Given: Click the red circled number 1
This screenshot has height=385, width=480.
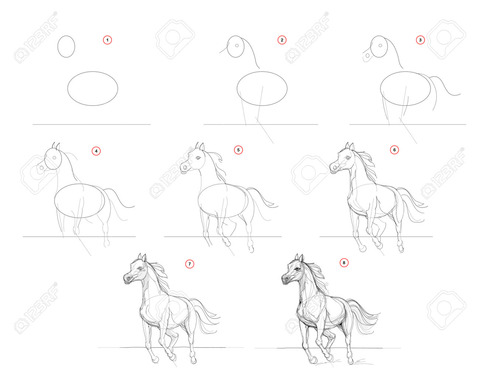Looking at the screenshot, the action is (107, 40).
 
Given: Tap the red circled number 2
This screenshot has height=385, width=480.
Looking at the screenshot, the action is (282, 40).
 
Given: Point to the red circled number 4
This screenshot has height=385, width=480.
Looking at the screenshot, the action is (96, 151).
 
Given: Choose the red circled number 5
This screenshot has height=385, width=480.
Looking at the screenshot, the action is (238, 150).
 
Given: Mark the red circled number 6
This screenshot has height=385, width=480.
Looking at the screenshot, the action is (394, 150).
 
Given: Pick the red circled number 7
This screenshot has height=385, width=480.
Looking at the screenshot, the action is (189, 264).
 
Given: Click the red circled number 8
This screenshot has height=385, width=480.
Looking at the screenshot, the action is (344, 263).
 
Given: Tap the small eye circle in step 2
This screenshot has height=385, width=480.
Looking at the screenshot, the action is (237, 45).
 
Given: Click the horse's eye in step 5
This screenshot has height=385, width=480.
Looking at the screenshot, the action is (198, 158).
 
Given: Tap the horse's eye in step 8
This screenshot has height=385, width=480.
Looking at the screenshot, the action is (297, 270).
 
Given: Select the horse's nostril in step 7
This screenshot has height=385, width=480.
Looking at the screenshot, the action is (128, 278).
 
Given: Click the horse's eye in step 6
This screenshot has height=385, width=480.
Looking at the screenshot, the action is (348, 158).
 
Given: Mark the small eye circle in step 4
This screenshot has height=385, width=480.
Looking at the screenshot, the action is (54, 158).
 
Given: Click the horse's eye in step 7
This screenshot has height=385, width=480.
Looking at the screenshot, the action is (140, 269).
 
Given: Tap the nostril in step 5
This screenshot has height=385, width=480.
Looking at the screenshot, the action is (185, 167).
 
